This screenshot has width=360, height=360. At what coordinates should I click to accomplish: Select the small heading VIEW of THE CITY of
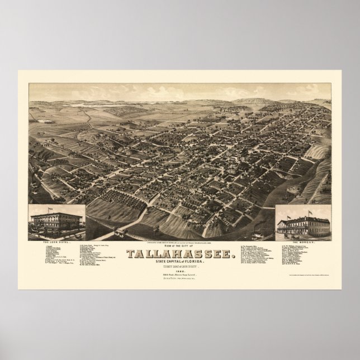coord(181,231)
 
